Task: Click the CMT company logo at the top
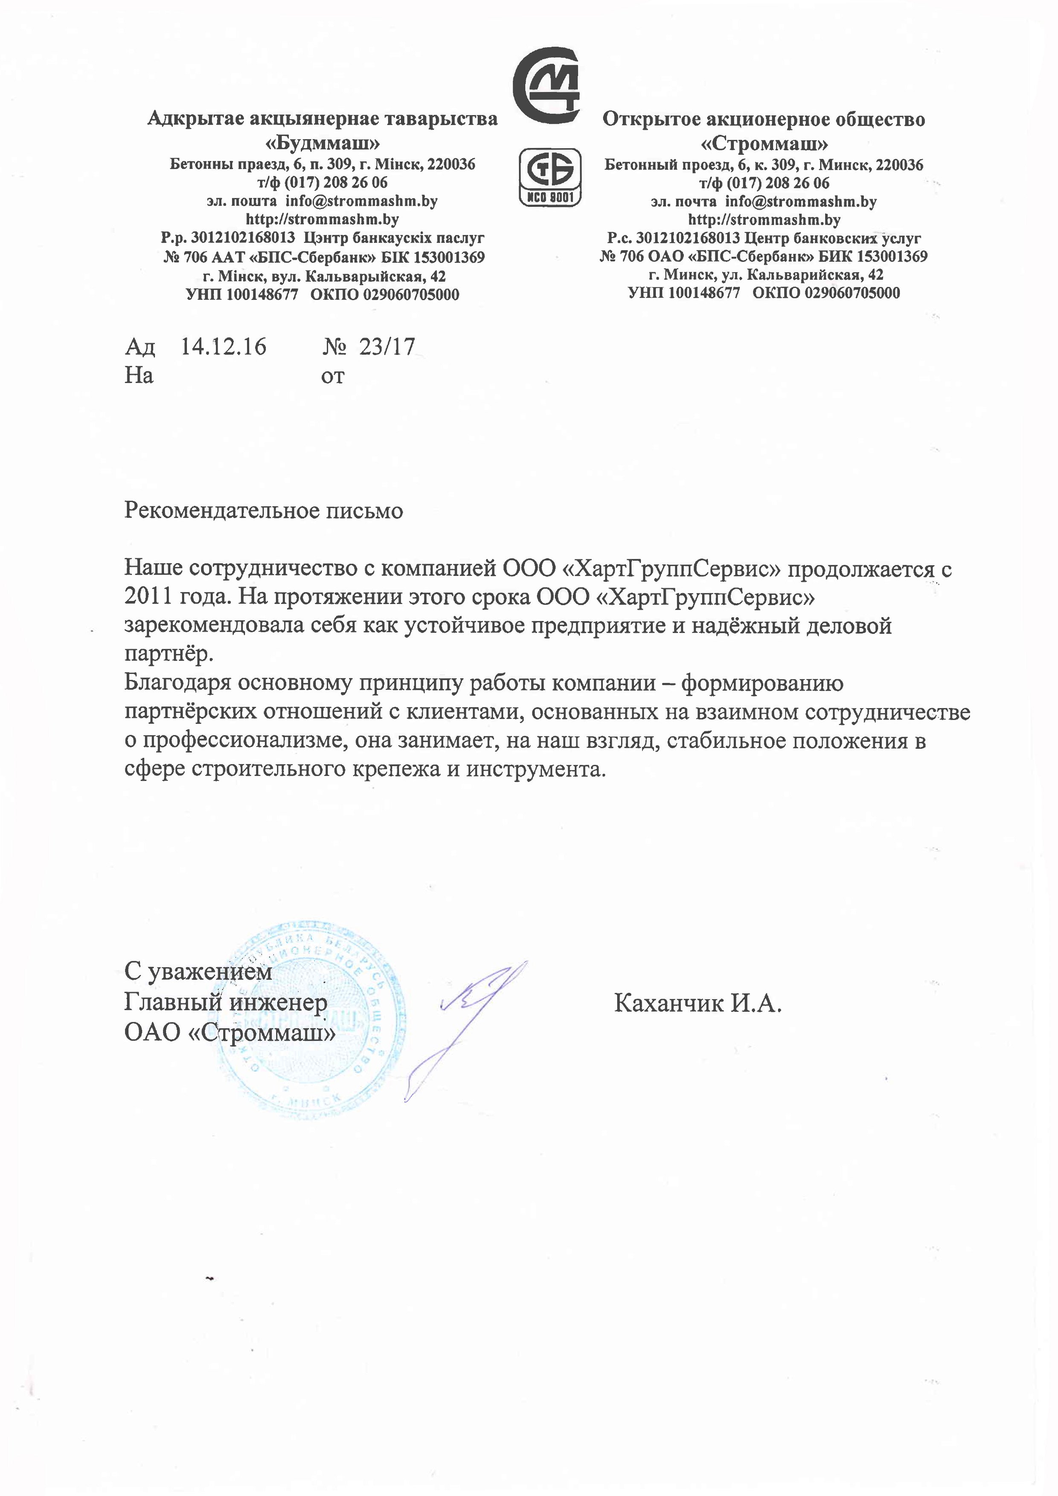point(546,85)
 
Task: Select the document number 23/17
point(387,347)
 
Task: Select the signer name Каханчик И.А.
point(697,1003)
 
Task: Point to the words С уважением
point(198,971)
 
